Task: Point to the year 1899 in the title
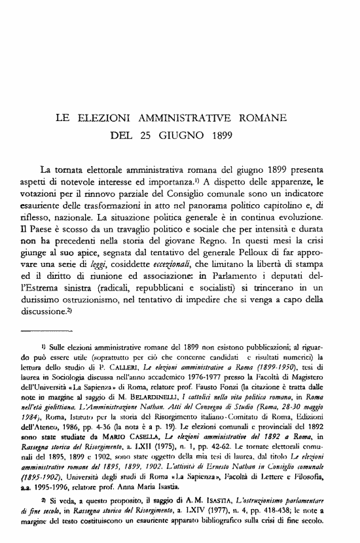click(225, 137)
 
